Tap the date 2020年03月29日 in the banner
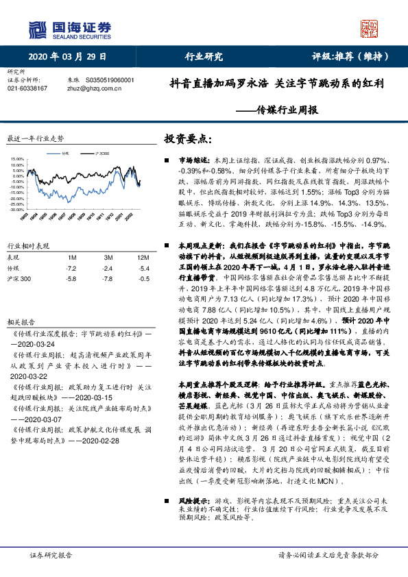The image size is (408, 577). click(x=68, y=56)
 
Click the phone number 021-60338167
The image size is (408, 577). click(x=27, y=88)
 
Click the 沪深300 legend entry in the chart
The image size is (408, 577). click(x=101, y=154)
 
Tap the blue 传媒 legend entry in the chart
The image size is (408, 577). click(x=66, y=154)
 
